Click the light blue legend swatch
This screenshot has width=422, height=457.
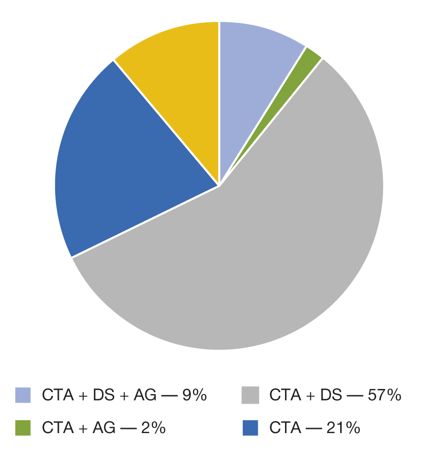23,395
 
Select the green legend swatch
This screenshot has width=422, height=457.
23,428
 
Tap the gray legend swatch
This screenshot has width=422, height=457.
250,395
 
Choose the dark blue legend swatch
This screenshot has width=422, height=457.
250,428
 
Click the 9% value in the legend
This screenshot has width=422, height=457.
194,395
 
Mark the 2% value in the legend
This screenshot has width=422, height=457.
153,428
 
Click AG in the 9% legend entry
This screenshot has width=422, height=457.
147,395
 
